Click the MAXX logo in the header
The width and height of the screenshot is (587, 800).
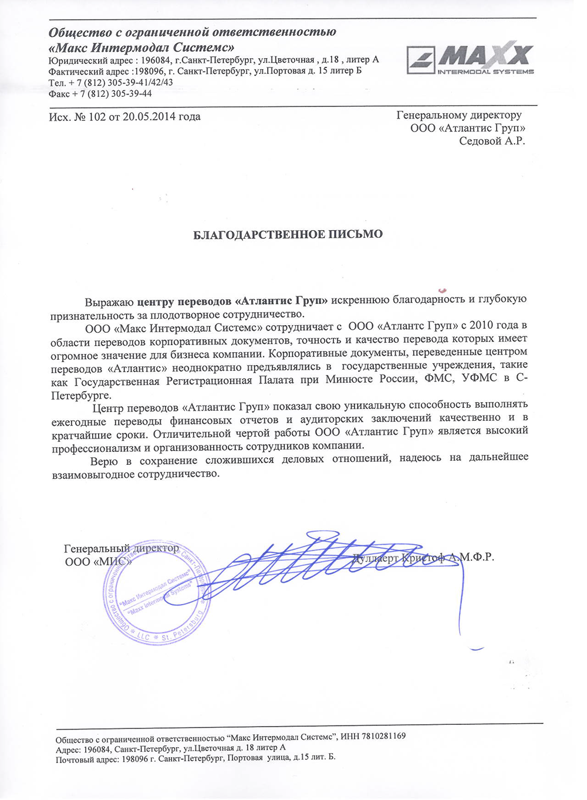point(470,59)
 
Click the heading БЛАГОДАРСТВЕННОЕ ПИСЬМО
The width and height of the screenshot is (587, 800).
point(288,235)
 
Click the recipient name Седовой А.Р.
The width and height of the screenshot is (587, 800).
point(492,141)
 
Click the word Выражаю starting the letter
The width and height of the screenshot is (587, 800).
point(110,302)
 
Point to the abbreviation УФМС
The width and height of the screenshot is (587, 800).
point(481,379)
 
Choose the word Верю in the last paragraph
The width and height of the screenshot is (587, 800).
point(104,461)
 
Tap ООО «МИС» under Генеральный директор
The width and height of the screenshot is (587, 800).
point(98,561)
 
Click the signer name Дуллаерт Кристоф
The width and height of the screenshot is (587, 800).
point(399,558)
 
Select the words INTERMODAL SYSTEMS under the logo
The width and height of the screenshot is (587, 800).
point(485,72)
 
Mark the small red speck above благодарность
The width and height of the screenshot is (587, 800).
point(443,290)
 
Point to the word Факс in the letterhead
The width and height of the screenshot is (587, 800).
point(59,94)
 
